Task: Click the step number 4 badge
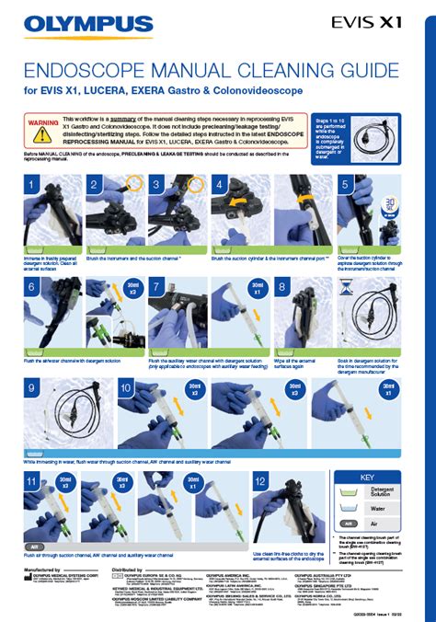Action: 220,186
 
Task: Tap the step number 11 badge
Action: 32,484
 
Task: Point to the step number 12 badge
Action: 261,484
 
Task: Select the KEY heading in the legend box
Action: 379,478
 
